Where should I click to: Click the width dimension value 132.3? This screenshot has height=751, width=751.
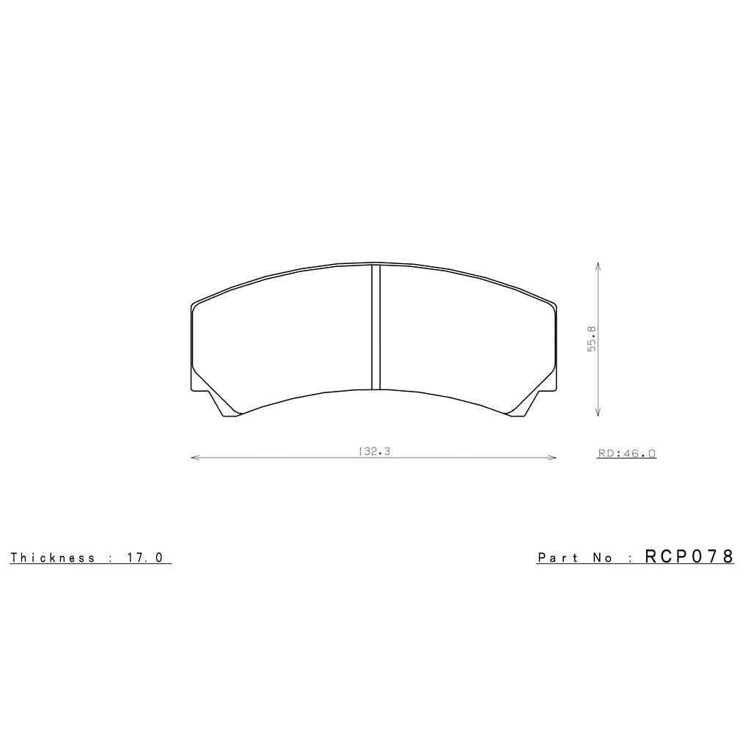coord(374,452)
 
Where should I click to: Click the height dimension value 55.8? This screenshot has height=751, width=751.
coord(591,339)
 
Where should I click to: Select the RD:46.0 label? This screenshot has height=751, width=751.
coord(626,454)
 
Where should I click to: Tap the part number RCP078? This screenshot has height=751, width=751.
coord(689,557)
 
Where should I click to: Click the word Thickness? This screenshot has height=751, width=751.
coord(53,557)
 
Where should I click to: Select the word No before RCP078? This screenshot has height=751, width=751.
coord(602,558)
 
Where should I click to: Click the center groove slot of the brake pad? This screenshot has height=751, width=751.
coord(376,326)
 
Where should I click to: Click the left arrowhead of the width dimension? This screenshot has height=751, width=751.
coord(193,458)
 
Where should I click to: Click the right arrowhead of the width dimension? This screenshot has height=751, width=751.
coord(554,458)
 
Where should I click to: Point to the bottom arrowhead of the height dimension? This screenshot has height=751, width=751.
coord(599,415)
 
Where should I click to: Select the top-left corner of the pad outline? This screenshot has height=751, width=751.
coord(192,304)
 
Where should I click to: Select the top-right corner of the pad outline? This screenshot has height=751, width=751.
coord(555,304)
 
